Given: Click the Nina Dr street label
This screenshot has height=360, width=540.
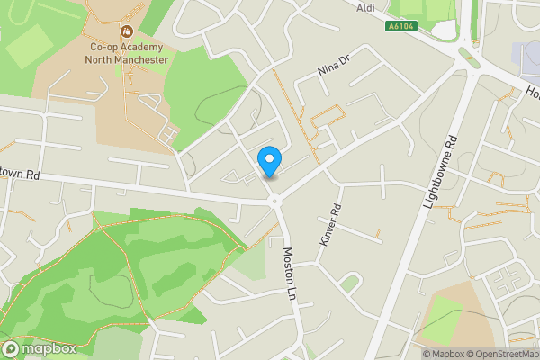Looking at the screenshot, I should pos(332,67).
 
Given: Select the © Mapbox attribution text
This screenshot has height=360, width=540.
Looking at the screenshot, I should pos(444,354).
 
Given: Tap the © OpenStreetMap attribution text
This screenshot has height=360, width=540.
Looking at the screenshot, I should pos(503,354).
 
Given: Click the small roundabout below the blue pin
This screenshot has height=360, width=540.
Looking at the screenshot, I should pos(274,200).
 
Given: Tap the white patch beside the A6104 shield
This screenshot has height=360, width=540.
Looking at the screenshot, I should pos(445,29).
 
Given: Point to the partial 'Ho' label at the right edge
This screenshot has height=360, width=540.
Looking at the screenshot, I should pos(532,93).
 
